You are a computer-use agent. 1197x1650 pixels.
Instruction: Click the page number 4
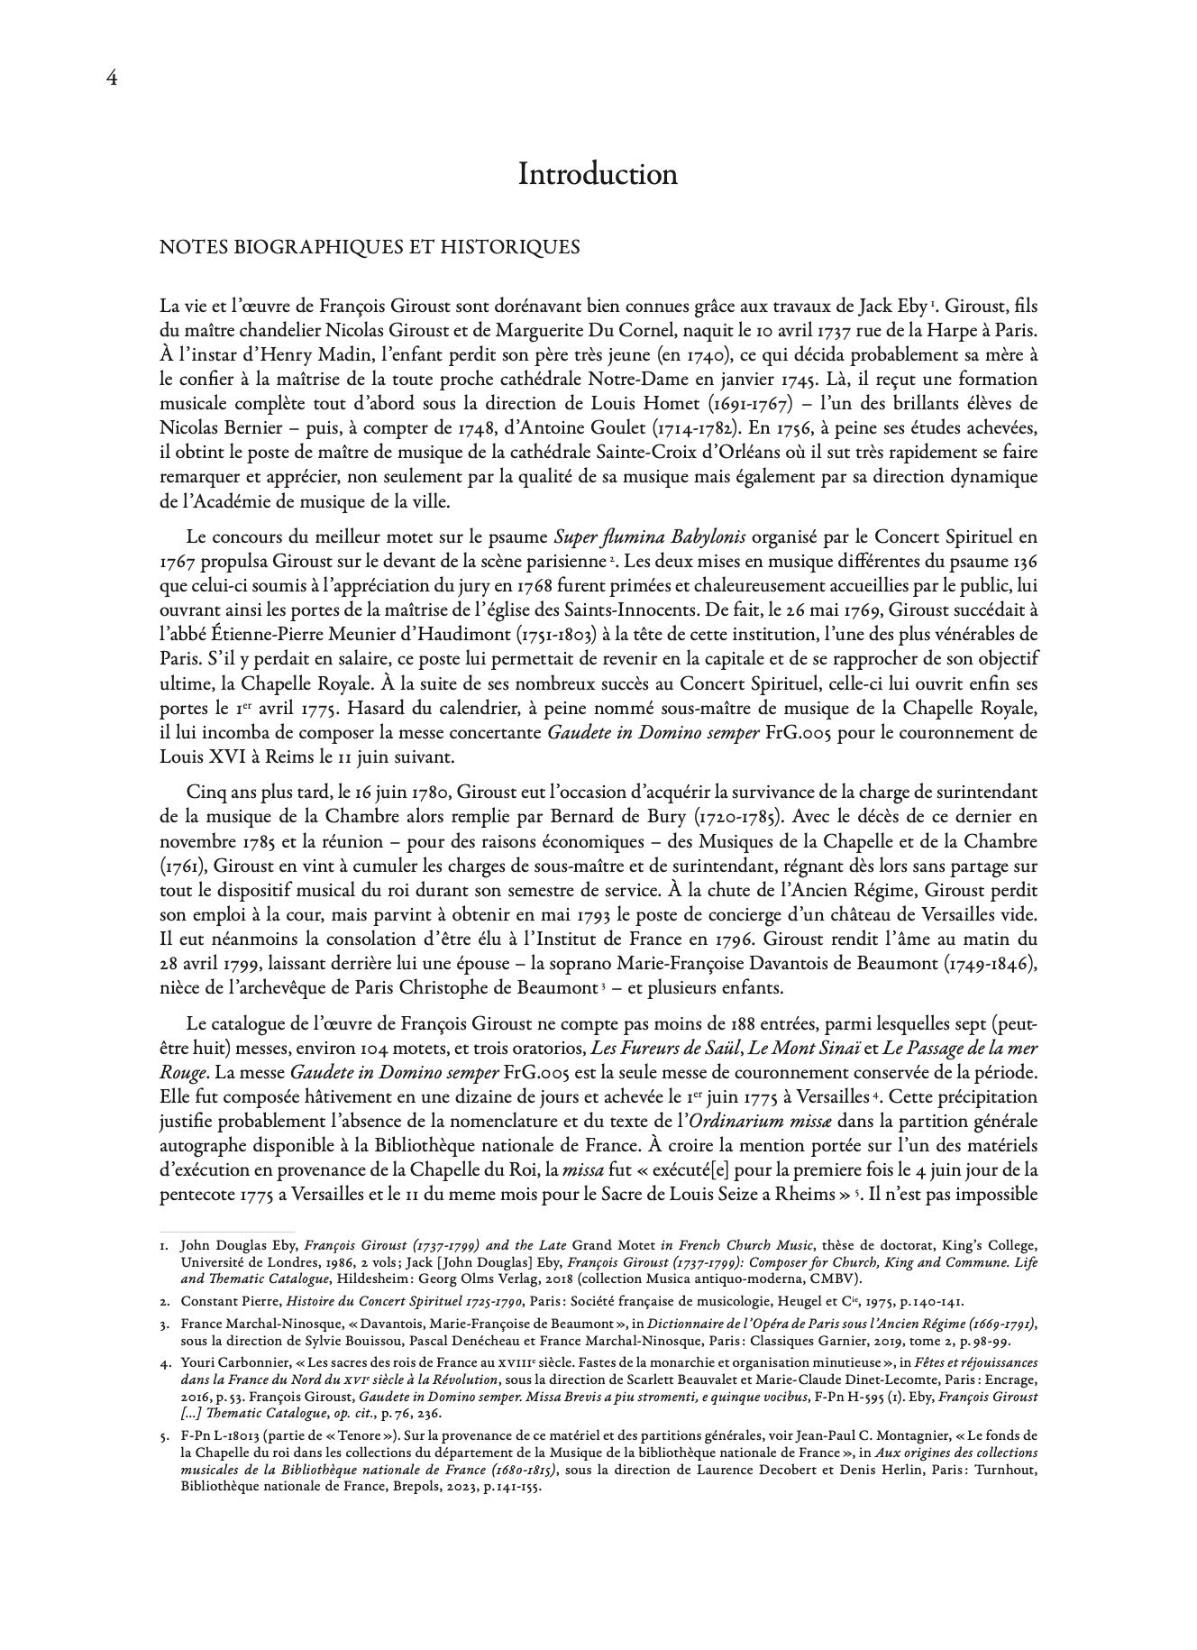pos(112,78)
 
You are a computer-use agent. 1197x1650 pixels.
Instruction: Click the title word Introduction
pos(598,174)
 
